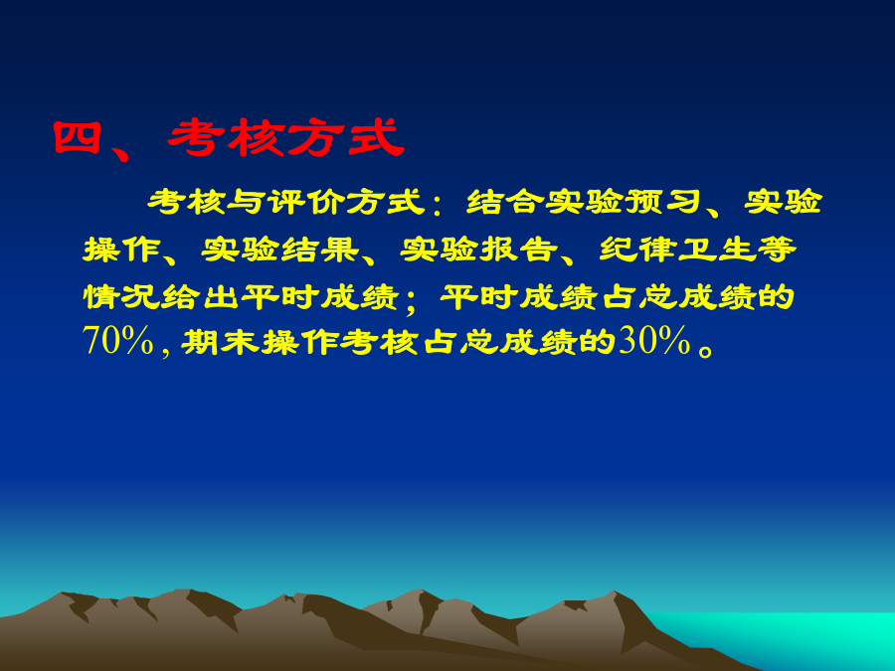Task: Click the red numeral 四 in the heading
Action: tap(77, 138)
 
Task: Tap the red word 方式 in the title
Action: tap(345, 137)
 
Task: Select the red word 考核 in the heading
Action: tap(226, 137)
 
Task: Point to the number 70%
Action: tap(118, 341)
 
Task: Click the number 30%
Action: tap(654, 341)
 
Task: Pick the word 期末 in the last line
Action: tap(220, 342)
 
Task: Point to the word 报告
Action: tap(518, 250)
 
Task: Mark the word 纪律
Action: tap(637, 250)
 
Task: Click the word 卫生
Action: tap(716, 250)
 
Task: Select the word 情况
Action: tap(121, 296)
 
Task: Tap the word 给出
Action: tap(200, 296)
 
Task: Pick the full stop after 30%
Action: tap(705, 349)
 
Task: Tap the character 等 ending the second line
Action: tap(777, 250)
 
